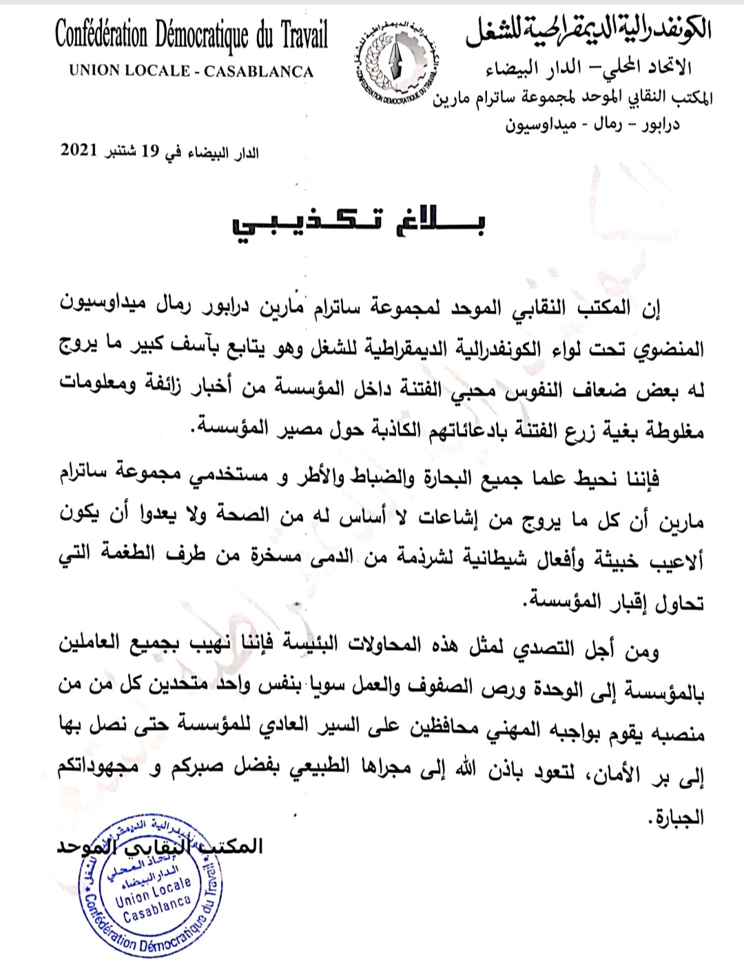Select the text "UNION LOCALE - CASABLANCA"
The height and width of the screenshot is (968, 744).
[x=191, y=72]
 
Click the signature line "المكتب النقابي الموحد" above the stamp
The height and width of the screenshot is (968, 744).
[x=160, y=845]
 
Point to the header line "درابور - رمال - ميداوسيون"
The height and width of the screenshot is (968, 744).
[x=592, y=126]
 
